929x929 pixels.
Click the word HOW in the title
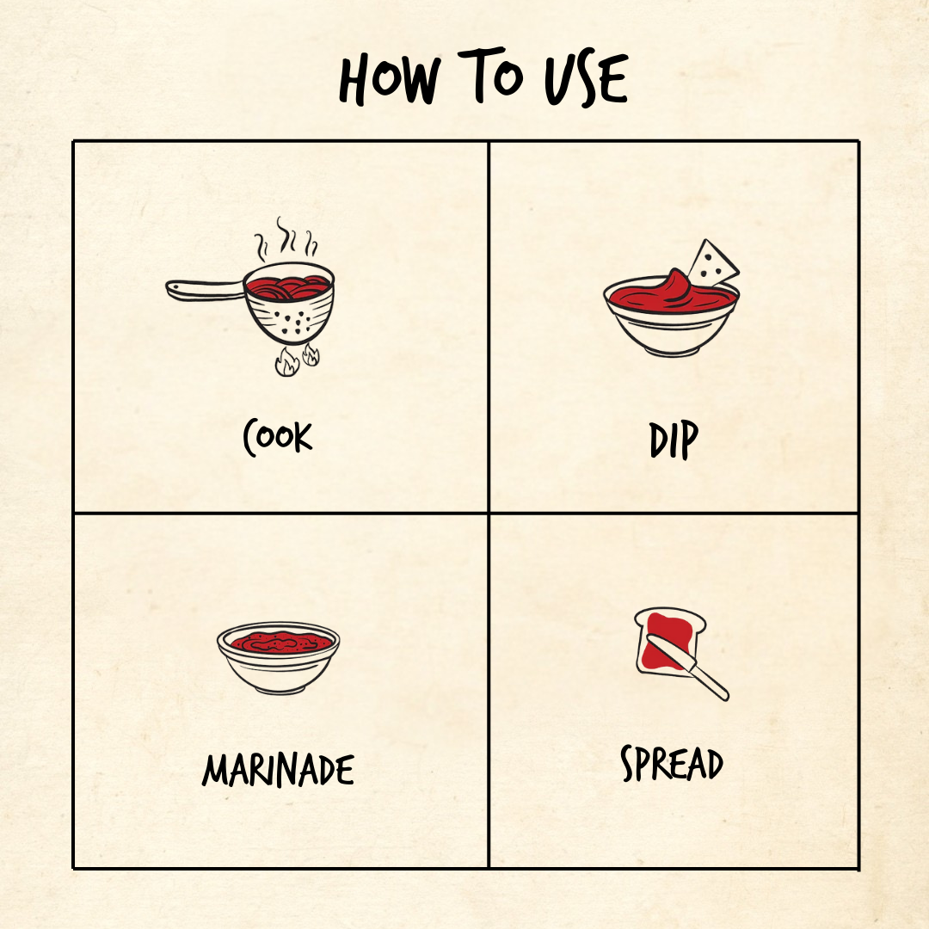(x=389, y=79)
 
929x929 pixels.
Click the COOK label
(x=277, y=437)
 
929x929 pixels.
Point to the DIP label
(x=674, y=440)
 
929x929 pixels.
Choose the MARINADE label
(x=278, y=770)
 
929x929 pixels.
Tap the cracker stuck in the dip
(x=711, y=263)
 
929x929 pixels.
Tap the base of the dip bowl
(x=671, y=351)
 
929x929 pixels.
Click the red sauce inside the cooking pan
(x=288, y=287)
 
